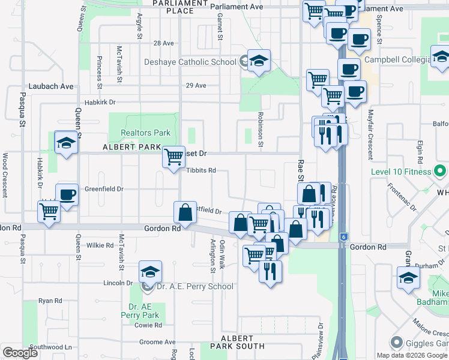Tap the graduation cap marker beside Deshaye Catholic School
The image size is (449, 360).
259,61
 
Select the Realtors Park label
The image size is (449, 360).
146,133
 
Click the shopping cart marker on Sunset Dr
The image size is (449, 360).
173,157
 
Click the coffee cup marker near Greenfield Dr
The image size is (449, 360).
67,194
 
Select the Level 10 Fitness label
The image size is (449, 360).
402,172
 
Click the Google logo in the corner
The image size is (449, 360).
20,353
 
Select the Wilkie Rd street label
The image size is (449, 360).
100,245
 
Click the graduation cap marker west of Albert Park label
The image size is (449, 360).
66,143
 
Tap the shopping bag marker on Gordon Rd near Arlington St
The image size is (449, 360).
184,212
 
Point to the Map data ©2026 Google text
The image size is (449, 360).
411,355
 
